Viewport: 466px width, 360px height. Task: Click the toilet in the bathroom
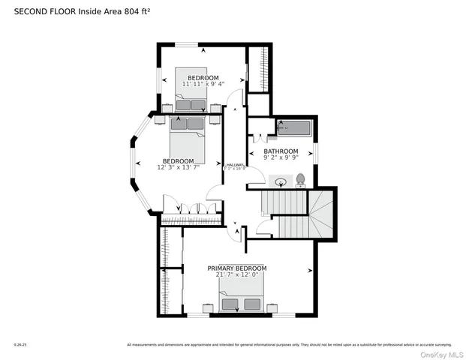click(x=300, y=180)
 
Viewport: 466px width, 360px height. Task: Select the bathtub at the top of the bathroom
click(x=293, y=128)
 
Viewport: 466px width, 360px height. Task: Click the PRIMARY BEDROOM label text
click(x=237, y=268)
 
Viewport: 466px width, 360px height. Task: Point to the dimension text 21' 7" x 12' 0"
click(x=237, y=275)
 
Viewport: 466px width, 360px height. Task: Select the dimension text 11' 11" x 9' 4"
click(x=203, y=84)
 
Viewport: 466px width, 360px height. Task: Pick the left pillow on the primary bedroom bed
click(x=231, y=304)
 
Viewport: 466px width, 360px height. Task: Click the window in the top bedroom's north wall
click(x=187, y=45)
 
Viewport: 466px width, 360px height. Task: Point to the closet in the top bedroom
click(x=259, y=69)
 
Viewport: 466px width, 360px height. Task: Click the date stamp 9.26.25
click(x=20, y=345)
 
